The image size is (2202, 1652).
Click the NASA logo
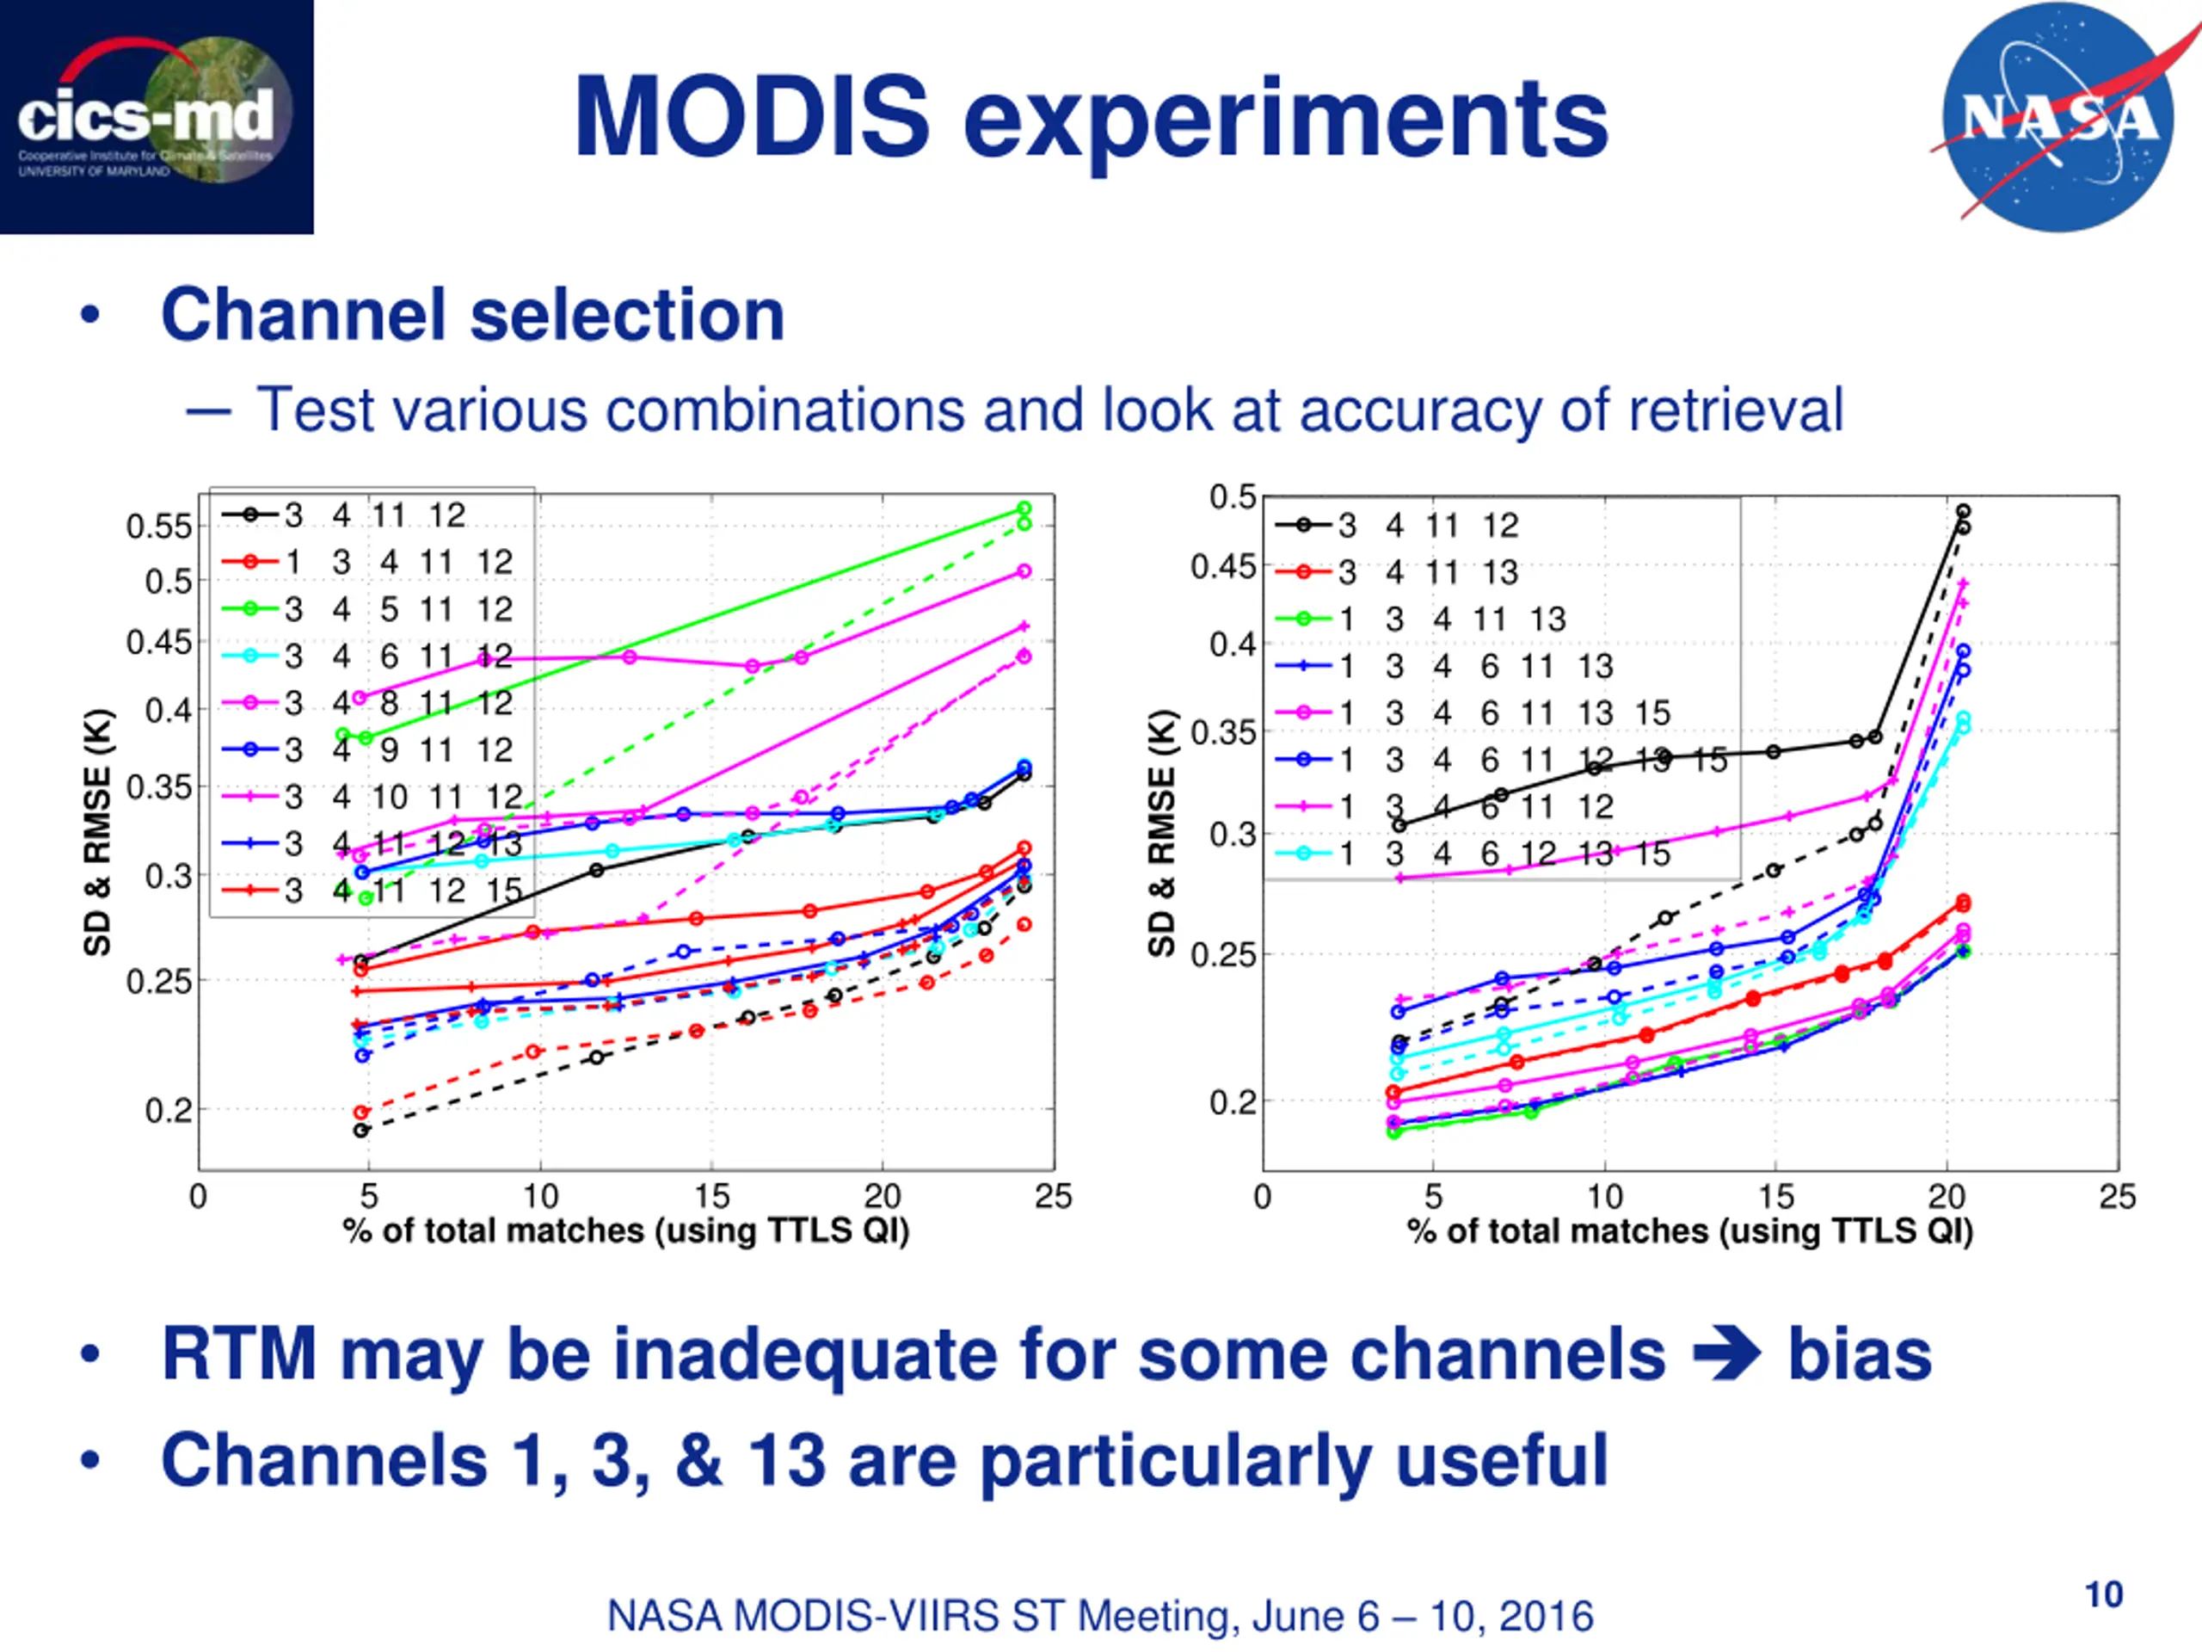2058,118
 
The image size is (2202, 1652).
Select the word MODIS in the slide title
752,118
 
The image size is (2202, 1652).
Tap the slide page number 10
2103,1594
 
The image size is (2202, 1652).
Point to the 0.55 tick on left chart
158,526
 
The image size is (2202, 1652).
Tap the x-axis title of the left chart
626,1230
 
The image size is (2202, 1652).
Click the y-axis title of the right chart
1162,833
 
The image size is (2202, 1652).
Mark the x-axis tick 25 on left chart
1053,1196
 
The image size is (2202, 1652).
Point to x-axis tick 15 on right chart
1776,1196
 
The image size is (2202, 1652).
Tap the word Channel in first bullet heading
303,315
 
